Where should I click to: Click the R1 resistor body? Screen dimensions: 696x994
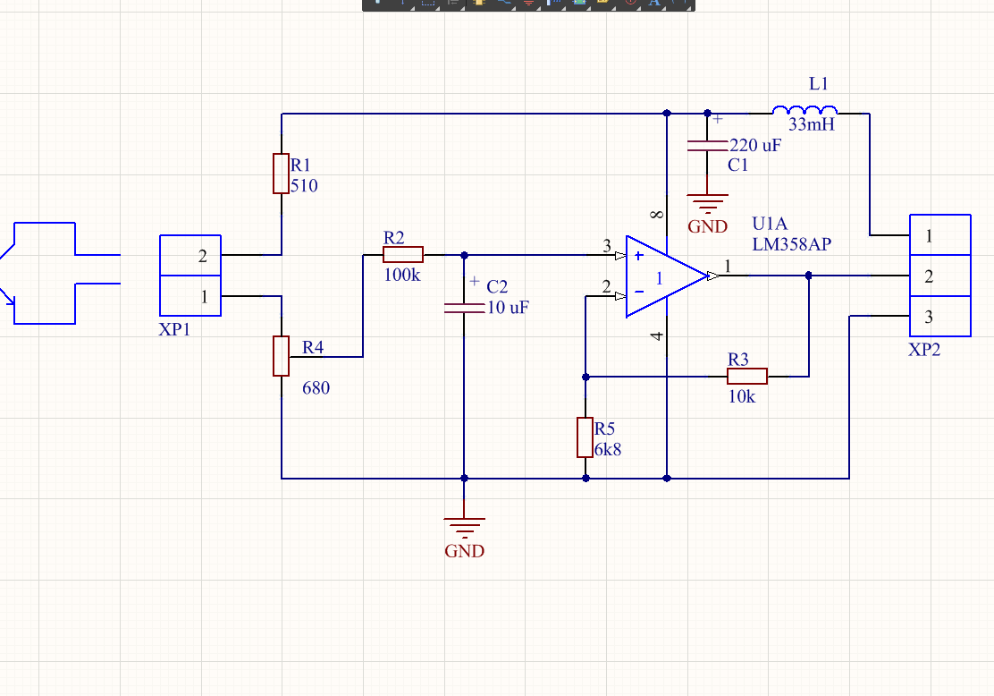coord(281,174)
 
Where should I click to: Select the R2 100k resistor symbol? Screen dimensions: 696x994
coord(403,255)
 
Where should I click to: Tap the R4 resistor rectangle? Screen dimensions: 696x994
coord(281,356)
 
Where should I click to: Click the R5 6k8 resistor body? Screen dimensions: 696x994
coord(585,437)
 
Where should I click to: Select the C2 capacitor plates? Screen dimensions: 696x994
coord(464,307)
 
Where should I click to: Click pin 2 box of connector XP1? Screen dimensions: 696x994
coord(190,256)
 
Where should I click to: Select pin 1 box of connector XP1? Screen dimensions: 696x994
coord(190,297)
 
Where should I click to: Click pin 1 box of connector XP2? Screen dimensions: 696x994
coord(940,235)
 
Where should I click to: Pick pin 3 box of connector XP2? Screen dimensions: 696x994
coord(940,316)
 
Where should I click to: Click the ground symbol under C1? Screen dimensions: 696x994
coord(707,203)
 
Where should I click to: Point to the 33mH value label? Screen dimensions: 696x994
coord(811,125)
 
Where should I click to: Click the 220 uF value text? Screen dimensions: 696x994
coord(755,145)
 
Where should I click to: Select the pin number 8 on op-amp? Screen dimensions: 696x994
coord(657,216)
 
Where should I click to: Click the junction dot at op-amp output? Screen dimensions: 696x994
coord(809,276)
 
